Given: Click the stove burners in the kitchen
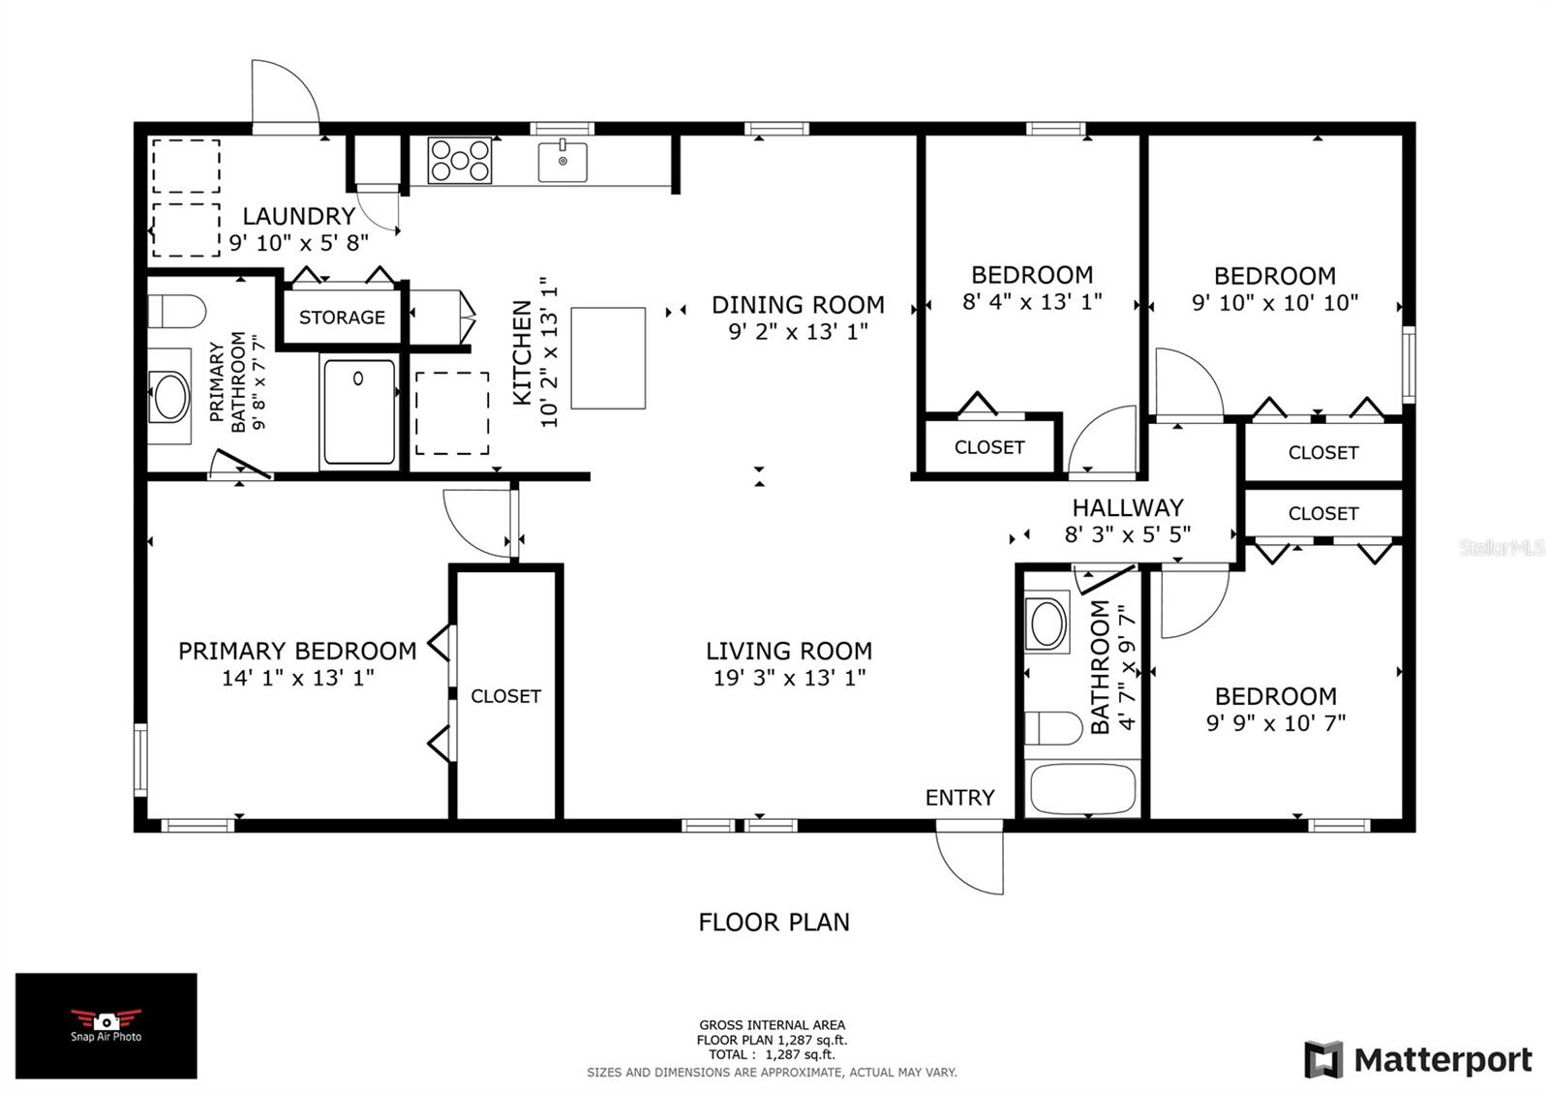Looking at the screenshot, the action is [459, 161].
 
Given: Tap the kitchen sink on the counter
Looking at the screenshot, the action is [562, 162].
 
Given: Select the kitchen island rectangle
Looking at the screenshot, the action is [608, 358].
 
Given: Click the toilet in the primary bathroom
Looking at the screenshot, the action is [177, 311].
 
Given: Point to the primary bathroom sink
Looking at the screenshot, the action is [170, 396].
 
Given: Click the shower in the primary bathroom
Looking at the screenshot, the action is [359, 412].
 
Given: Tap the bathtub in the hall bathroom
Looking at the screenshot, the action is [1082, 788].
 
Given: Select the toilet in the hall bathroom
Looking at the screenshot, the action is [1053, 728].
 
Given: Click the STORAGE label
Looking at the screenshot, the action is [342, 318].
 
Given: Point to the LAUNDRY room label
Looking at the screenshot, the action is [299, 217].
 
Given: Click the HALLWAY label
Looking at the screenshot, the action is [1128, 508].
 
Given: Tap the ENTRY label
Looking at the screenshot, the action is [959, 798].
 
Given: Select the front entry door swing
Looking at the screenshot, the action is [969, 857].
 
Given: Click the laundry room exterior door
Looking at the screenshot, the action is [285, 97].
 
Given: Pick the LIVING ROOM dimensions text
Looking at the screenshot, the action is [789, 678].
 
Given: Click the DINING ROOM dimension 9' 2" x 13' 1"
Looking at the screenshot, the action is [798, 332].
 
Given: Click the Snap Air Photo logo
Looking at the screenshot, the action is [106, 1025].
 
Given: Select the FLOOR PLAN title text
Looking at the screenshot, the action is [774, 923].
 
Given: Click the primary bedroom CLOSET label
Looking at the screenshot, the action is [505, 696].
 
